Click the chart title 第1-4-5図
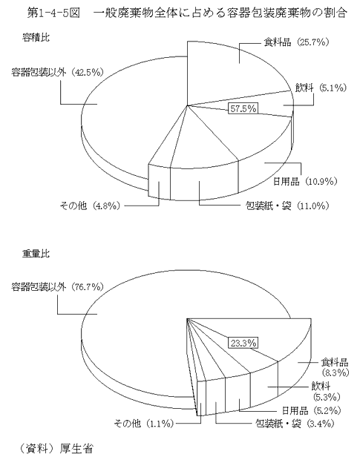click(53, 13)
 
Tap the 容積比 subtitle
click(36, 38)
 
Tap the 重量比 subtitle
click(36, 253)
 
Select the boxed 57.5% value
click(243, 108)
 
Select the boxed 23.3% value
click(243, 343)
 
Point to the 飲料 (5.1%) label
click(321, 88)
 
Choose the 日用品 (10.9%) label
click(305, 181)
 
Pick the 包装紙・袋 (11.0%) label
click(287, 206)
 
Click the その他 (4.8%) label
click(90, 206)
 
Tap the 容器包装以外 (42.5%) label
click(58, 72)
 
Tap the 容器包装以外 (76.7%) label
click(58, 286)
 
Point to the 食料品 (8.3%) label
click(335, 367)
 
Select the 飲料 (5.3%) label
click(327, 391)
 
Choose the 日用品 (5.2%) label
click(311, 410)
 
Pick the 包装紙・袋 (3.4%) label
click(295, 424)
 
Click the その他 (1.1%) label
click(144, 424)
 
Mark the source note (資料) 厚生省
click(56, 449)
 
